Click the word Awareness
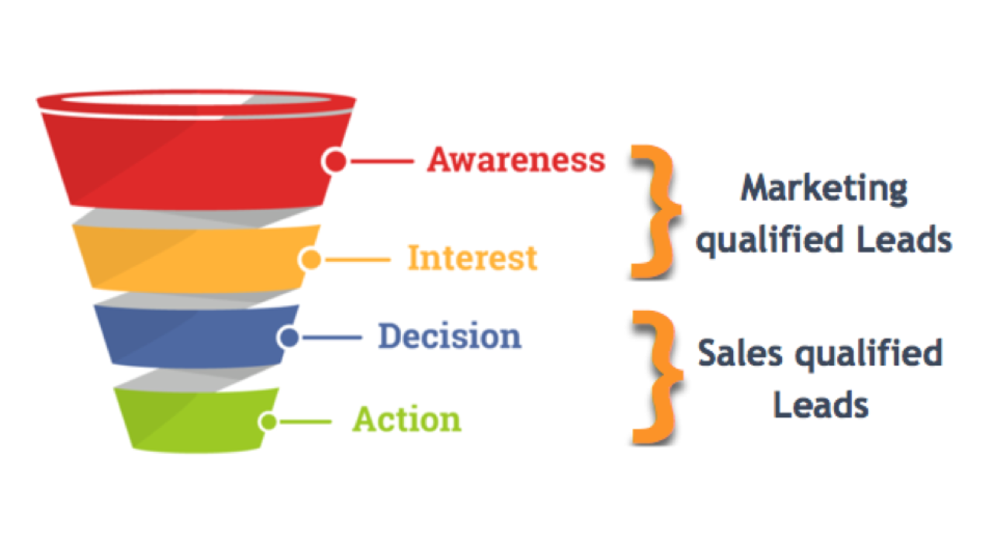517,160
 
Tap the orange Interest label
472,258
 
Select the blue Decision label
449,336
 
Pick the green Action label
407,419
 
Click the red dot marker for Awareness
335,160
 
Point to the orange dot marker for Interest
310,259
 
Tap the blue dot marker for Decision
289,337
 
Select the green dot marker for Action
268,421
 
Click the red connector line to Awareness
382,161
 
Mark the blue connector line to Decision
332,337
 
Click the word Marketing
824,189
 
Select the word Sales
740,353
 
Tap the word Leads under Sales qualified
821,405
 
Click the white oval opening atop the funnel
196,99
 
